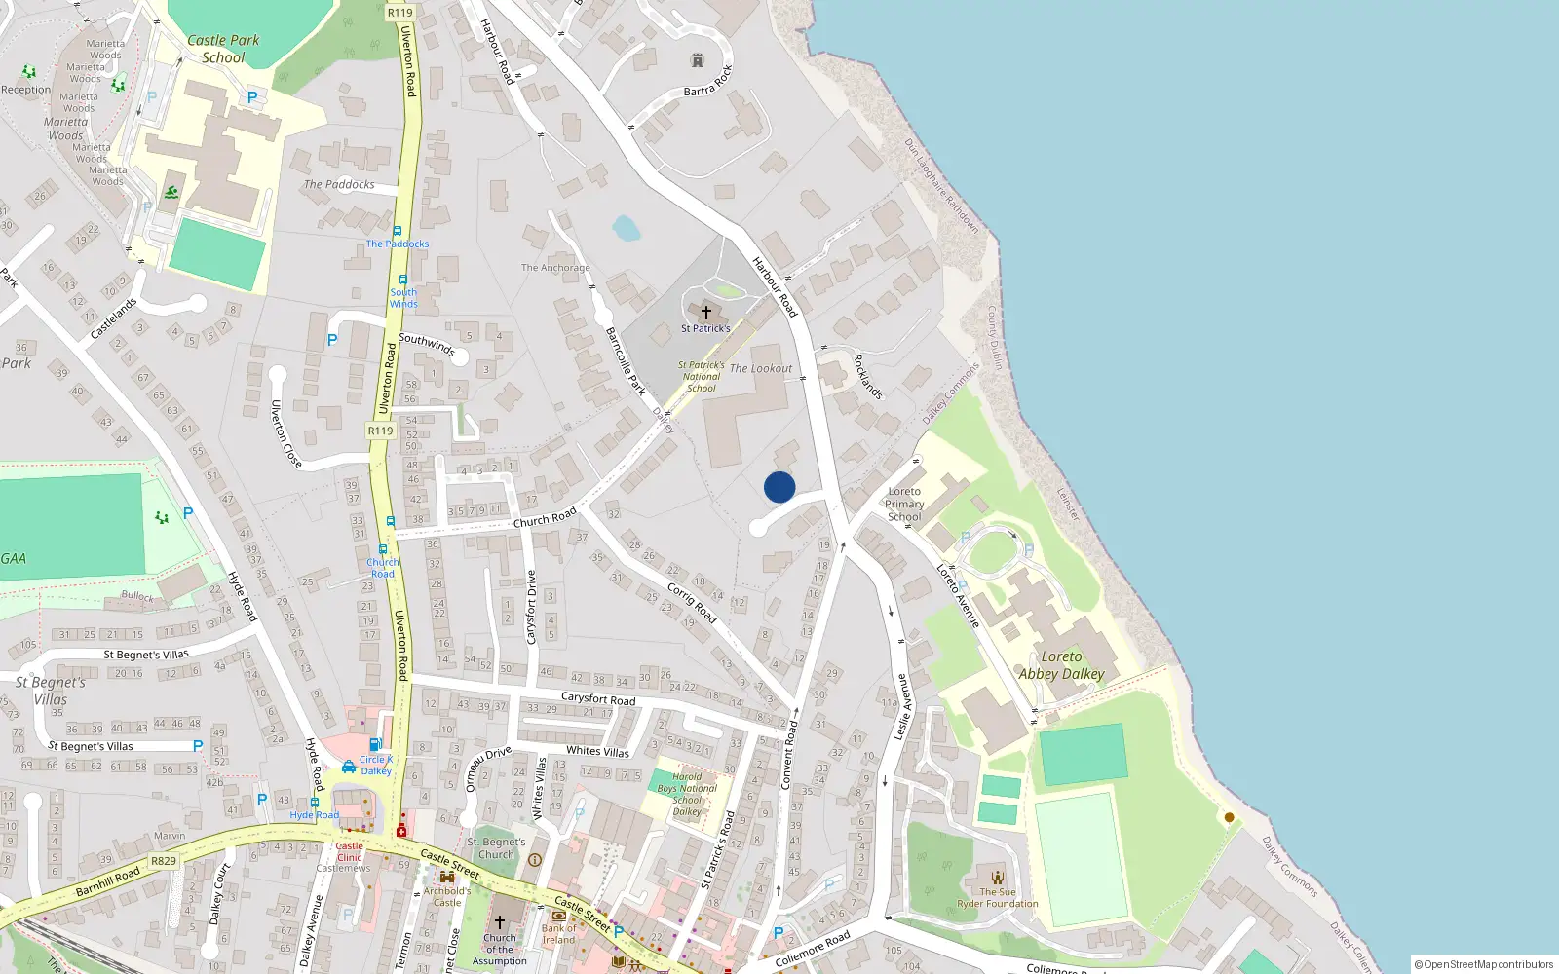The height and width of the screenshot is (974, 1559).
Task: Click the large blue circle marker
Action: click(779, 487)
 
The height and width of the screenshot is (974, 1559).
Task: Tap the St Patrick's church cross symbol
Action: click(706, 313)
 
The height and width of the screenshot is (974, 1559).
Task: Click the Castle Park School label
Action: click(223, 49)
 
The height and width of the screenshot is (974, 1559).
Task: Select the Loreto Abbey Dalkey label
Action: click(1061, 665)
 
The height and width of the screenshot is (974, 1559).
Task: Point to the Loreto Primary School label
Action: click(904, 504)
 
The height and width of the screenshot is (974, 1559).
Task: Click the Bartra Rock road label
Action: click(707, 81)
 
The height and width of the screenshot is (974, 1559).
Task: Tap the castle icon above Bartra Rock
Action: click(697, 60)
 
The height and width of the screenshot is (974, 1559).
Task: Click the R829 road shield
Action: click(164, 861)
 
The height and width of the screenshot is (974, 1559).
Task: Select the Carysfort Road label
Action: click(598, 698)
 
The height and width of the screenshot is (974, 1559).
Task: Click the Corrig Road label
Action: click(692, 602)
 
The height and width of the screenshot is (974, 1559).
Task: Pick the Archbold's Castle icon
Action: click(447, 877)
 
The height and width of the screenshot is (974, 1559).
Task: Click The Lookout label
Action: click(761, 368)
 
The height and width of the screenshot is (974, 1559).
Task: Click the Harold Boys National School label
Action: click(687, 794)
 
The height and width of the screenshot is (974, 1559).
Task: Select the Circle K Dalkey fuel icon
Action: click(375, 745)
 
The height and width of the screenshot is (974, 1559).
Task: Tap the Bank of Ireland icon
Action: click(559, 916)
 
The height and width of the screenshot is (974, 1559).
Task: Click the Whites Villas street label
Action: click(598, 751)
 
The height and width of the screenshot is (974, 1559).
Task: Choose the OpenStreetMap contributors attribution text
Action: click(1484, 964)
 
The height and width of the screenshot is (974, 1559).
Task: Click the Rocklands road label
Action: click(867, 377)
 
